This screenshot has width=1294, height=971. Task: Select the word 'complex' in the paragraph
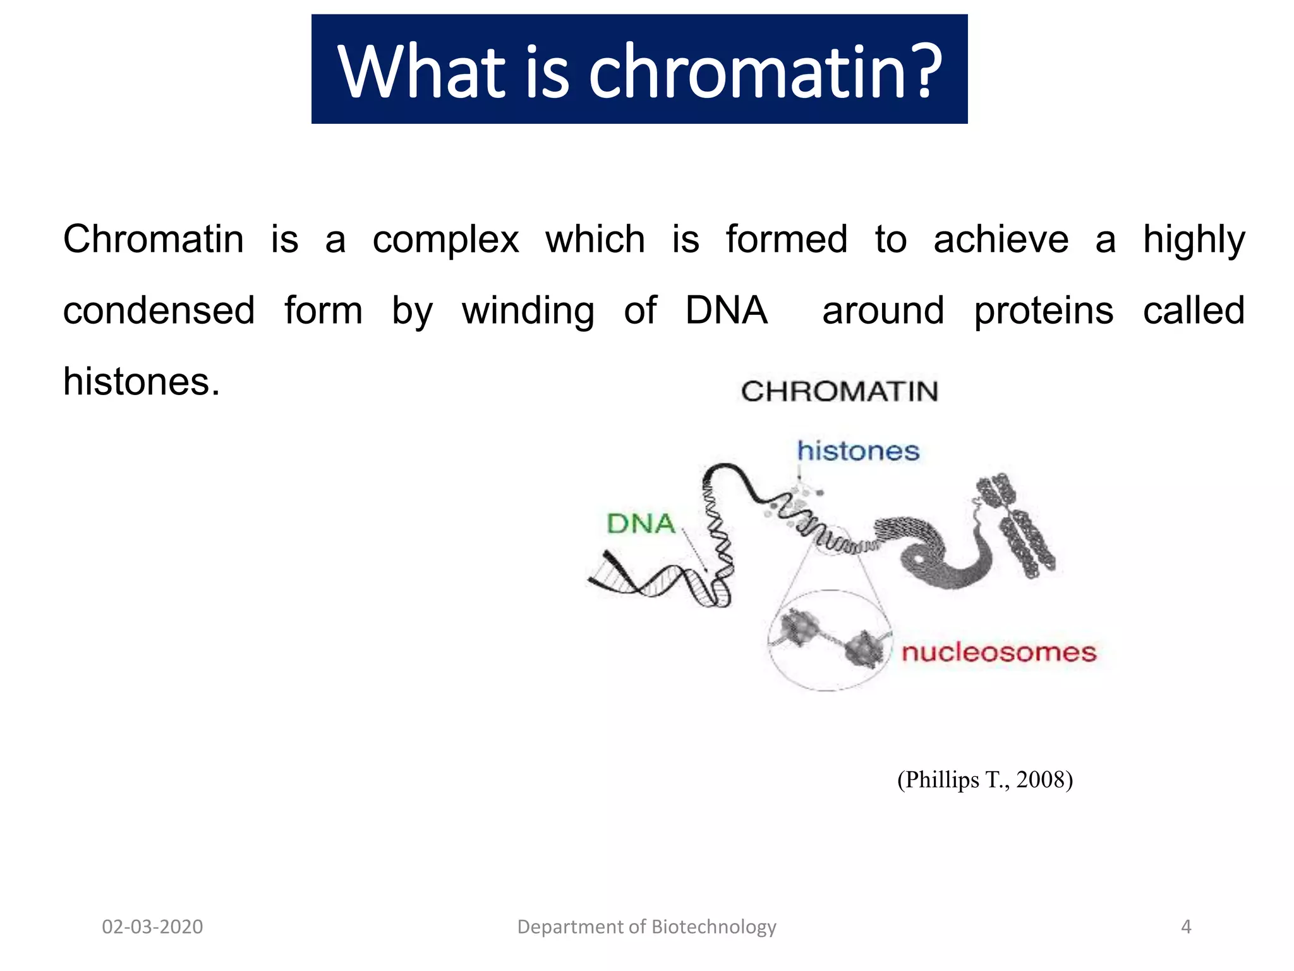[x=445, y=240]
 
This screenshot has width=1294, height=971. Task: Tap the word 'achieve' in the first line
[x=1001, y=240]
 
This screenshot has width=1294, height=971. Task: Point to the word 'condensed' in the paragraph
[x=159, y=311]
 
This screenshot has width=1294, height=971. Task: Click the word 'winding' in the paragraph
[x=528, y=311]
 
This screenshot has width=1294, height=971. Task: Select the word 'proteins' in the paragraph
[x=1043, y=311]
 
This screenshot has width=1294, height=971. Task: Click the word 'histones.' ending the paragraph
[x=142, y=382]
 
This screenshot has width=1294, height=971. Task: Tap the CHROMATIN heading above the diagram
[x=839, y=392]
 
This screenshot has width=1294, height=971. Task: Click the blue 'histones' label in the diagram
[x=857, y=451]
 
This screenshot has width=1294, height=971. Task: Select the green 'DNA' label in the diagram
[x=641, y=524]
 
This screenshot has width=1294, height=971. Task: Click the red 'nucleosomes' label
[x=998, y=652]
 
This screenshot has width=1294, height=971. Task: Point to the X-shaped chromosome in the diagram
[x=1015, y=525]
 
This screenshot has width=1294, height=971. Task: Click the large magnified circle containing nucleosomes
[x=829, y=640]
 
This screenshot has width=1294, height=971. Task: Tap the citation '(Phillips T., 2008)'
[x=984, y=779]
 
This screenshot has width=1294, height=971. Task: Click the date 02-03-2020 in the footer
[x=152, y=927]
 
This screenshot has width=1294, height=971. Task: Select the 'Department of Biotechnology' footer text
[x=646, y=927]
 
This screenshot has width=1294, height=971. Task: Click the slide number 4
[x=1185, y=927]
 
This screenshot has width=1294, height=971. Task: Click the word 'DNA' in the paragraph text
[x=726, y=311]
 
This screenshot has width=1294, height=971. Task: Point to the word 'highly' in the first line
[x=1194, y=240]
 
